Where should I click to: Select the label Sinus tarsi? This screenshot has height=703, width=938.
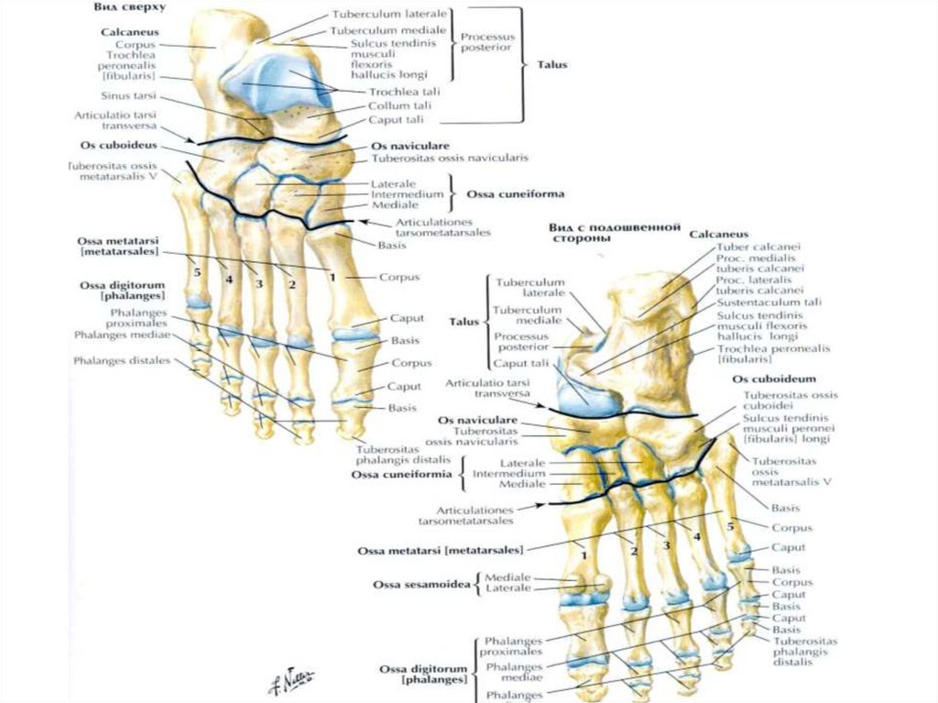127,95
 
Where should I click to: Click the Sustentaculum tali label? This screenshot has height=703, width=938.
769,302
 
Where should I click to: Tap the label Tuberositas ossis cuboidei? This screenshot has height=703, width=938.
790,401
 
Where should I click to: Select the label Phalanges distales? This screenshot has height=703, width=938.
123,360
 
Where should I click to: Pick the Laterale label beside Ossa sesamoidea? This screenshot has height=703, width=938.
507,588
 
